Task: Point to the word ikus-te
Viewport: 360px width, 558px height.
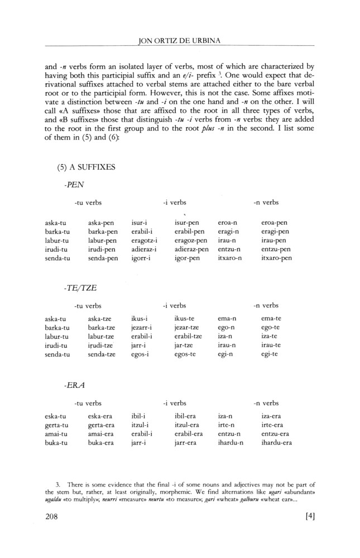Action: tap(184, 319)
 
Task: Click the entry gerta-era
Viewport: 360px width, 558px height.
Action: tap(102, 426)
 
